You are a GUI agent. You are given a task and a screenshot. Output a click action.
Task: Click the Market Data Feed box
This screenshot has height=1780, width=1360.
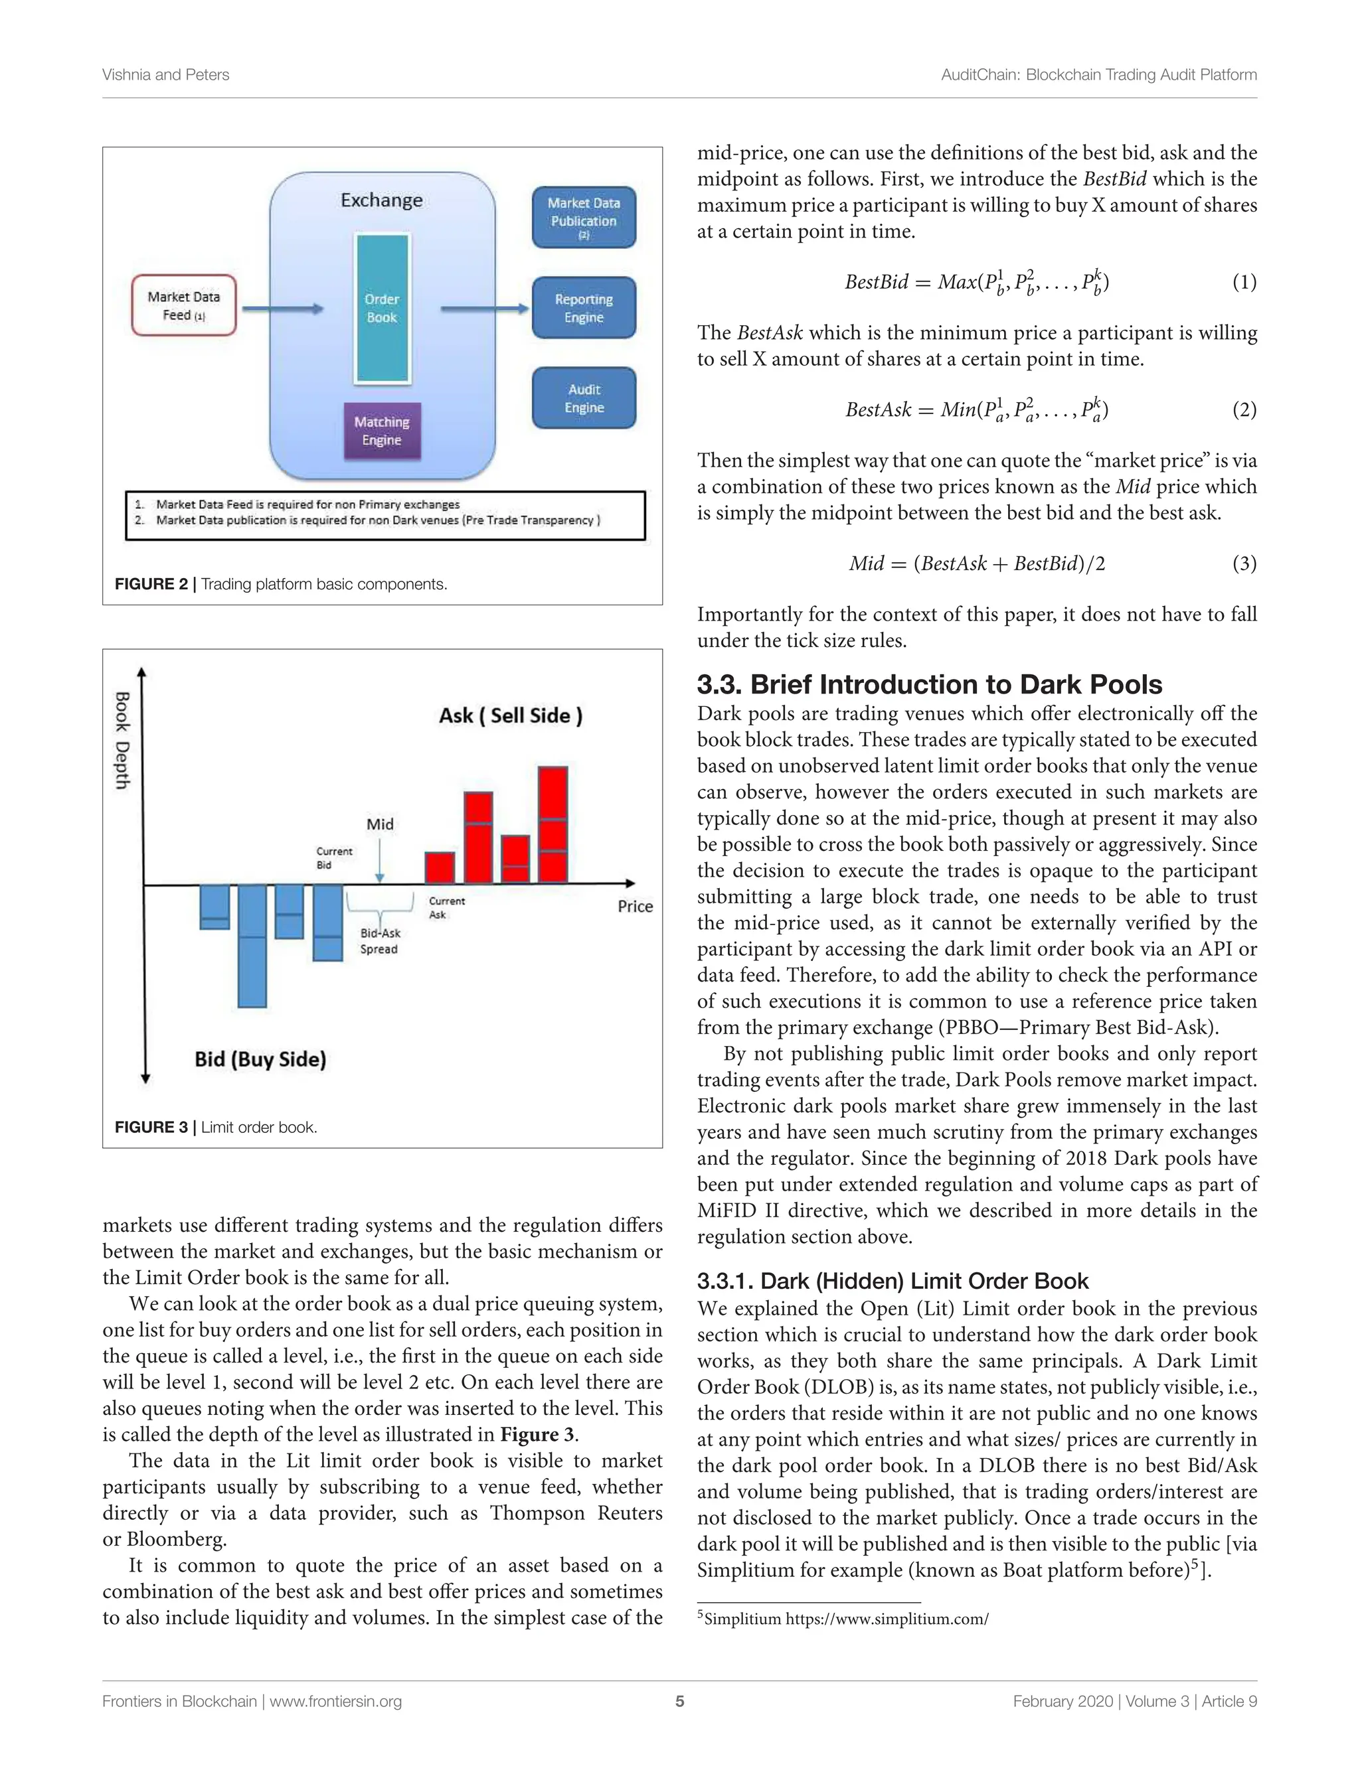184,306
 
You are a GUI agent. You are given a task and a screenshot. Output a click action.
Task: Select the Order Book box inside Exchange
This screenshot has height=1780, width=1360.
381,308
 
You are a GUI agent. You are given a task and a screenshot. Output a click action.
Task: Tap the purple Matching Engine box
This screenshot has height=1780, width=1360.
381,431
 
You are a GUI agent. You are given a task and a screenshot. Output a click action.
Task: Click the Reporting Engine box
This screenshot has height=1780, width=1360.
584,308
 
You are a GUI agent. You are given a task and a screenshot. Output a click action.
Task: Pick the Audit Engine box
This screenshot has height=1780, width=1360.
584,398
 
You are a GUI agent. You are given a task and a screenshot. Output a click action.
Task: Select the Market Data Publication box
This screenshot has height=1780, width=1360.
584,217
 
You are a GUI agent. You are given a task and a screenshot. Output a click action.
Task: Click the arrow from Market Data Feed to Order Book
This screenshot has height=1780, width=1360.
282,308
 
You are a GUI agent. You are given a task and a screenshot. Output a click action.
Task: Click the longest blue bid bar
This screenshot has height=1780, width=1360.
252,945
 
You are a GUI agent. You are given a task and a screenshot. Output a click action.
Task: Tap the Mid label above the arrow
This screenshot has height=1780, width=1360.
380,824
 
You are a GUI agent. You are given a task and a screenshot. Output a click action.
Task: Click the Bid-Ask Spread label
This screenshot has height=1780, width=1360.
380,941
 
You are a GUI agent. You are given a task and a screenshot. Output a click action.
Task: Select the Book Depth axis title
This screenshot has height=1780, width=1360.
122,739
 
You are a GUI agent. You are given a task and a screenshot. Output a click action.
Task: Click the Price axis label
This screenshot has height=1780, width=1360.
635,906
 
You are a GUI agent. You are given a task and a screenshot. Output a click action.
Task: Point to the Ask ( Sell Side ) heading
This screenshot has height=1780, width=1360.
510,715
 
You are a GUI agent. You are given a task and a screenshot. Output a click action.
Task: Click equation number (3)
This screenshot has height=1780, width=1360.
1244,563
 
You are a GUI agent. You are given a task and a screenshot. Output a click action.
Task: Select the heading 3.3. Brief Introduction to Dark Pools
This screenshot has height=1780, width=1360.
929,684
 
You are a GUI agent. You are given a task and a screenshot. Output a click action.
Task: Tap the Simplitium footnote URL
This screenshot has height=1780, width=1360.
887,1619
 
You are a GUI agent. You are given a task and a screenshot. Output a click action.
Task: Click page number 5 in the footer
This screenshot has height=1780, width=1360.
680,1701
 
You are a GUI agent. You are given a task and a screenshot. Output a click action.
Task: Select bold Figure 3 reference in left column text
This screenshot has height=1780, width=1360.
537,1434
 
